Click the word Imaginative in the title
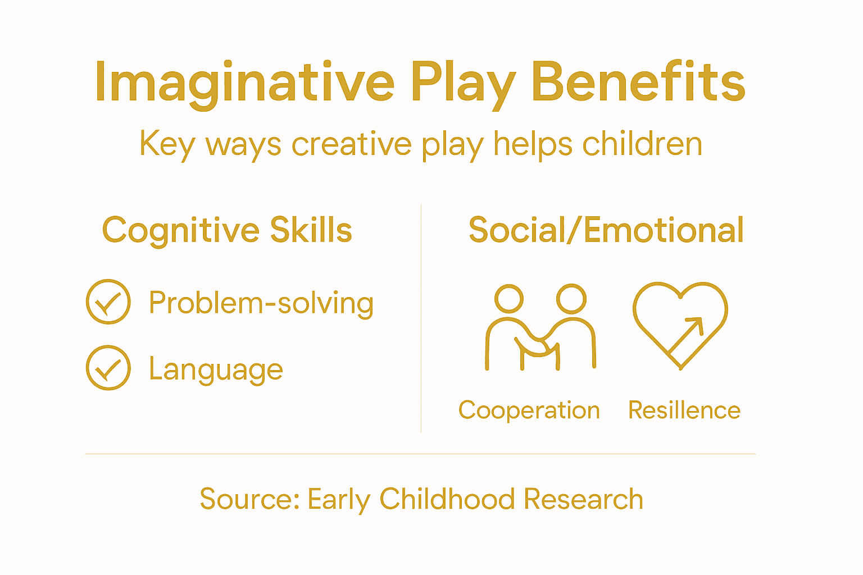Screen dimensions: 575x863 click(x=245, y=83)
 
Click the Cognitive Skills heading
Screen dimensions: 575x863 click(x=227, y=230)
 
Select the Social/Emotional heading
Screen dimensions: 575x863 click(x=606, y=230)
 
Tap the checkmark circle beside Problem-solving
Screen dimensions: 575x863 click(x=108, y=302)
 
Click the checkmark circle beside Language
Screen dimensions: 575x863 click(x=108, y=368)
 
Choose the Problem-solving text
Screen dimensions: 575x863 click(x=261, y=303)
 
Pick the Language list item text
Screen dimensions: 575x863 click(x=216, y=369)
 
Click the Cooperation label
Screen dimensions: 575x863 click(x=529, y=410)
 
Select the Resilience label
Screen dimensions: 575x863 click(x=684, y=410)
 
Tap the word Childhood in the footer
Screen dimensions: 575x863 click(x=447, y=499)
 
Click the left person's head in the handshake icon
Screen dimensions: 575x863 click(x=509, y=298)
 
